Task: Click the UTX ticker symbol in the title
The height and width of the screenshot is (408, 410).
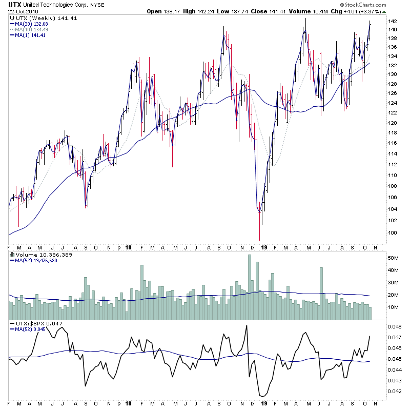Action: pos(14,5)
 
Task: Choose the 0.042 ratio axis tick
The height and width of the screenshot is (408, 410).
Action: pos(394,392)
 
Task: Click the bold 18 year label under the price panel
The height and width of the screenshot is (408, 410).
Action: pos(127,247)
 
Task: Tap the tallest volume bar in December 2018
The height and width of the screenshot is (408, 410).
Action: pos(250,287)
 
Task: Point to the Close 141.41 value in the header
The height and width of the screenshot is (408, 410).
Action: pos(267,11)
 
